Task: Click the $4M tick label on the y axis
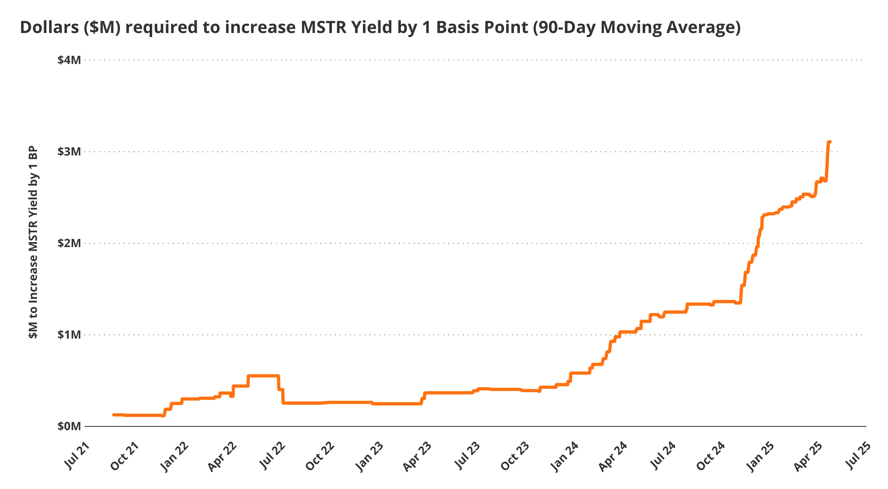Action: click(x=69, y=60)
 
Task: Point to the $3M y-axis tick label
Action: click(x=69, y=152)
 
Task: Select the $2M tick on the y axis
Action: click(x=69, y=243)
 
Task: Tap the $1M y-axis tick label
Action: click(x=69, y=335)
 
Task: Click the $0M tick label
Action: click(x=69, y=426)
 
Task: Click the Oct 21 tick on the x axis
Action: click(x=125, y=456)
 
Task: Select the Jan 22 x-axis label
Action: click(x=174, y=456)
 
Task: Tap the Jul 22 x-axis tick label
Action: click(x=272, y=456)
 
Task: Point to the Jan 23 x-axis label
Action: click(x=369, y=456)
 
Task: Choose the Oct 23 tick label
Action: click(x=515, y=456)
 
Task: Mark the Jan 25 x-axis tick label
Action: click(x=760, y=456)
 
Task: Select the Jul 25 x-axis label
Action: click(x=857, y=456)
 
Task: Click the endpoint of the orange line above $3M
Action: click(x=829, y=142)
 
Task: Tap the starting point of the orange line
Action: click(x=114, y=415)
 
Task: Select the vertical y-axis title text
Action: click(x=33, y=242)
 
